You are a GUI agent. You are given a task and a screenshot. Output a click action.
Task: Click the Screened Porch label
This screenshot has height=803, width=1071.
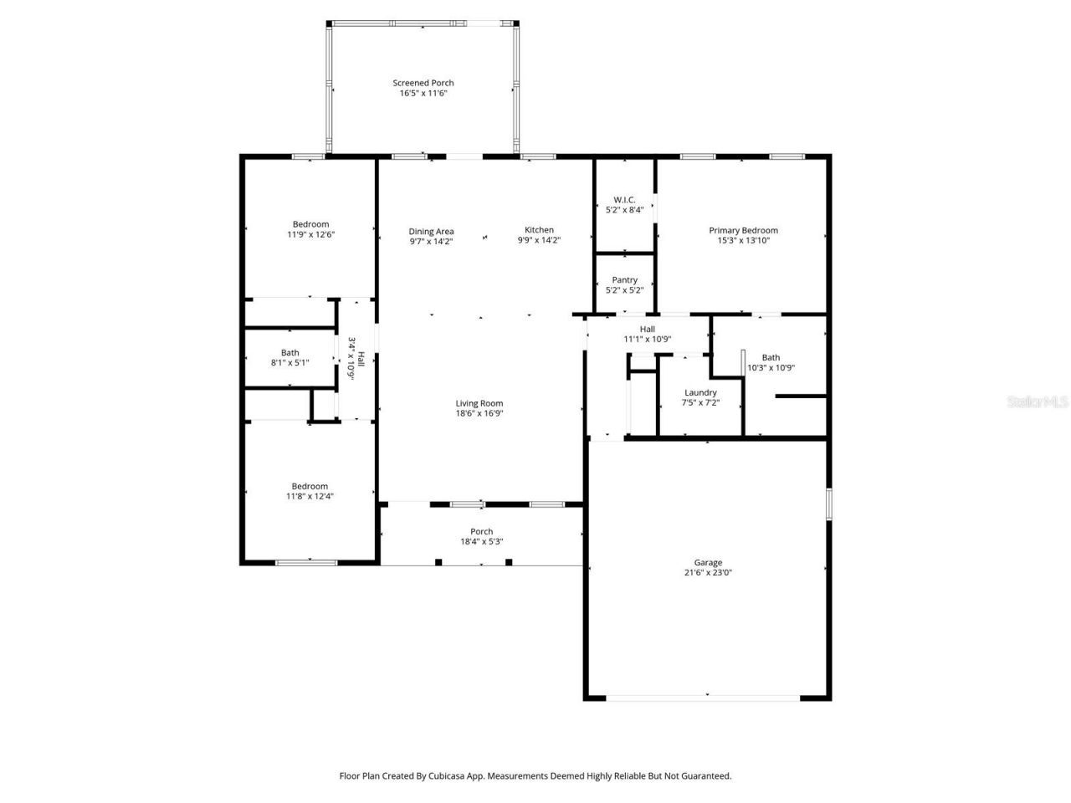pos(423,83)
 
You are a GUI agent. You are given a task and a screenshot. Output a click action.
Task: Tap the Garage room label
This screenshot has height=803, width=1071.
pos(708,563)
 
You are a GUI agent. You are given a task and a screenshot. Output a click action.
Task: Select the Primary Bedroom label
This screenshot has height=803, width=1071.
pos(743,231)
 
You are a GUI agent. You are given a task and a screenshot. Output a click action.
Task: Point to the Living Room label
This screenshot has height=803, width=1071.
pos(479,403)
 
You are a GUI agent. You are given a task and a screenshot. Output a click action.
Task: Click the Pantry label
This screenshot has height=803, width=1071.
pos(624,280)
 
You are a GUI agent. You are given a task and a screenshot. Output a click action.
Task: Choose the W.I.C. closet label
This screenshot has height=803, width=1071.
pos(624,200)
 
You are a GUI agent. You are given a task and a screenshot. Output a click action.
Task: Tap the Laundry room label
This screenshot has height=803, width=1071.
pos(700,392)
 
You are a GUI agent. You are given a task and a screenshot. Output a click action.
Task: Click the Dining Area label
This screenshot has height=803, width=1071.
pos(431,232)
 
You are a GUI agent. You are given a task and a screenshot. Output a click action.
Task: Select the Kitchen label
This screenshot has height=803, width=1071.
pos(539,230)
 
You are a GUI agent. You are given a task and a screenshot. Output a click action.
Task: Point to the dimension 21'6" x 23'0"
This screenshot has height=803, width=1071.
pos(708,573)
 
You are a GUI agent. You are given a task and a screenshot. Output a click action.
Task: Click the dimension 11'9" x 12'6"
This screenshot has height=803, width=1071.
pos(310,234)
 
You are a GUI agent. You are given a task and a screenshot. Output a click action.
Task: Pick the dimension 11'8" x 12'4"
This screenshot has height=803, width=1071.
pos(310,496)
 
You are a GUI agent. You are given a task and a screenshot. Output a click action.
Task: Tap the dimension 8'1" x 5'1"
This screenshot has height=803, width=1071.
pos(290,363)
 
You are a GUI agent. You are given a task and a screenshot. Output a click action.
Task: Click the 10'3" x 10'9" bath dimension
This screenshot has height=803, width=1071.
pos(771,367)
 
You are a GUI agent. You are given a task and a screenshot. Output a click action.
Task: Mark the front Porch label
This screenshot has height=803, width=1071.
pos(482,531)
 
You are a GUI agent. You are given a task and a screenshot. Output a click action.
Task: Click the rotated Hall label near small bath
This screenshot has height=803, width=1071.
pos(361,359)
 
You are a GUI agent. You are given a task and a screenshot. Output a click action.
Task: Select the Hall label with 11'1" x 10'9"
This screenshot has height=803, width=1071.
pos(647,329)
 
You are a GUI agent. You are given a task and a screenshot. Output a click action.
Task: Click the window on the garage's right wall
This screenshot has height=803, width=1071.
pos(829,504)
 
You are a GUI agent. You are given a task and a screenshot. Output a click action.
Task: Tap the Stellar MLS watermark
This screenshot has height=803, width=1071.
pos(1038,402)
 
